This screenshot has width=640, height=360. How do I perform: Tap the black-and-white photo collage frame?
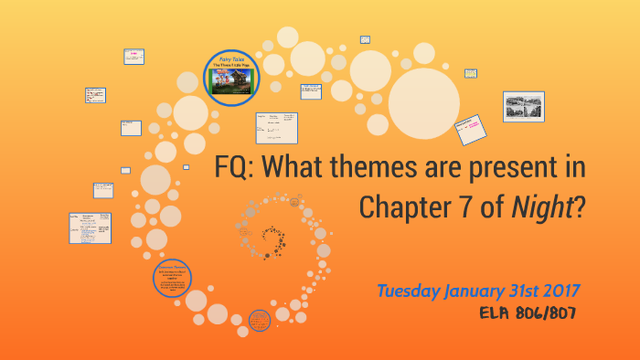pyautogui.click(x=523, y=106)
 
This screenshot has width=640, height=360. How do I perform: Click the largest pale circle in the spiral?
pyautogui.click(x=423, y=103)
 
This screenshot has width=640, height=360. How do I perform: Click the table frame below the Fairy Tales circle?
pyautogui.click(x=276, y=128)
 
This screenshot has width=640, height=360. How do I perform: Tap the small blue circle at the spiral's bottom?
pyautogui.click(x=259, y=320)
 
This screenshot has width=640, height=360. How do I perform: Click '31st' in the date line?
pyautogui.click(x=527, y=291)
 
